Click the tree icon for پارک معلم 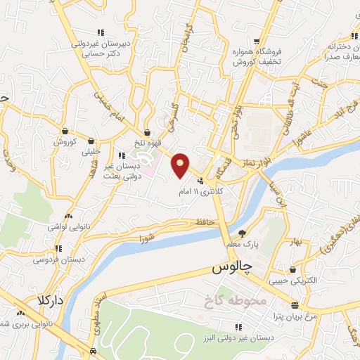[243, 233]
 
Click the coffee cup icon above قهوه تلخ [147, 131]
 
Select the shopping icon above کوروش [65, 131]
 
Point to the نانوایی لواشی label [66, 226]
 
